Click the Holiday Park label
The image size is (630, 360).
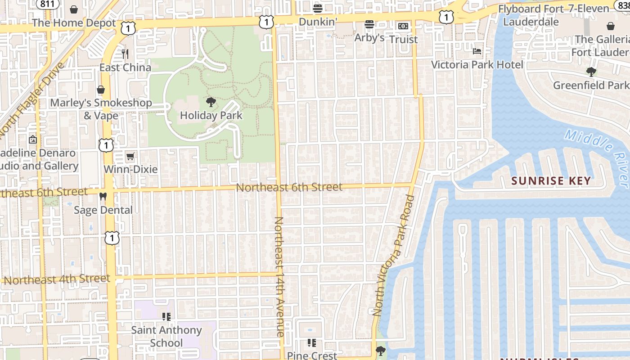click(x=211, y=115)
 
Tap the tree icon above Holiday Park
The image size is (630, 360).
click(x=211, y=102)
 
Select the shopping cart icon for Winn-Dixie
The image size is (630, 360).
click(x=130, y=156)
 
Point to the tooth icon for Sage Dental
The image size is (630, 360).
click(x=103, y=196)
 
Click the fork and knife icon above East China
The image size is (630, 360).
click(x=125, y=54)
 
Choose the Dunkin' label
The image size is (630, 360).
click(x=318, y=22)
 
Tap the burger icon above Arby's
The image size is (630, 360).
click(x=369, y=24)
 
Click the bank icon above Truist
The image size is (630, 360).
click(x=403, y=26)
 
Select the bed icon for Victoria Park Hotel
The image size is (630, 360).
click(x=477, y=51)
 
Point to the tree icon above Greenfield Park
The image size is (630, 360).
click(x=591, y=72)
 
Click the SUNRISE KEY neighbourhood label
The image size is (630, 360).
click(x=551, y=181)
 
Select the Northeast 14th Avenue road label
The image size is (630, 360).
click(x=279, y=276)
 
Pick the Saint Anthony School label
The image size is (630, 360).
click(x=166, y=336)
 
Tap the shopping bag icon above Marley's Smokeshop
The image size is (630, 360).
click(x=101, y=90)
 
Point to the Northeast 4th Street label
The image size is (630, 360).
click(x=57, y=279)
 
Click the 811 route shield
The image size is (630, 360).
click(x=47, y=4)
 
